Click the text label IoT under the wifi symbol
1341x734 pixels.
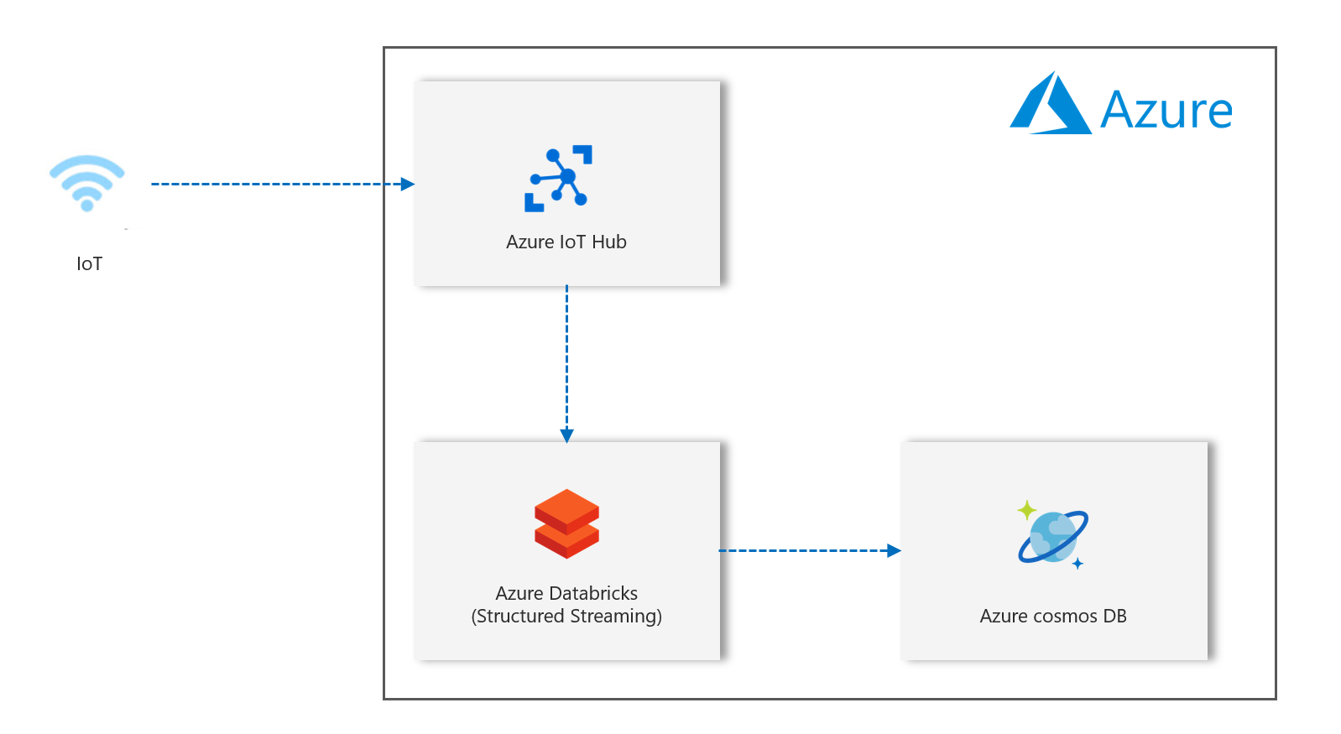[x=89, y=264]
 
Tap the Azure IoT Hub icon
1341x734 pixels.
[x=559, y=178]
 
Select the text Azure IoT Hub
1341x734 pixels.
[x=566, y=242]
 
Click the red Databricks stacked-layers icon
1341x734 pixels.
[x=567, y=523]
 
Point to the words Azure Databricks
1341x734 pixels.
[x=566, y=593]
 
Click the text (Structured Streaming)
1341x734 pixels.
[x=566, y=617]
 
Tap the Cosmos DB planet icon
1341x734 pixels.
[x=1052, y=537]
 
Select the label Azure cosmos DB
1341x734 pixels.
[x=1053, y=617]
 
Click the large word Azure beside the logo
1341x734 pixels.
[x=1166, y=111]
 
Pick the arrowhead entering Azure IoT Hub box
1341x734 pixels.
[x=408, y=185]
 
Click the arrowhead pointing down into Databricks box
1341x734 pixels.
[x=567, y=435]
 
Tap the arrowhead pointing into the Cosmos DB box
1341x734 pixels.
[x=894, y=551]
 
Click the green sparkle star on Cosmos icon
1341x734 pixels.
[x=1027, y=510]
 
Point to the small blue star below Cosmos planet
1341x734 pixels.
[x=1077, y=564]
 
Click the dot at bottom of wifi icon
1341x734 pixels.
[x=87, y=206]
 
